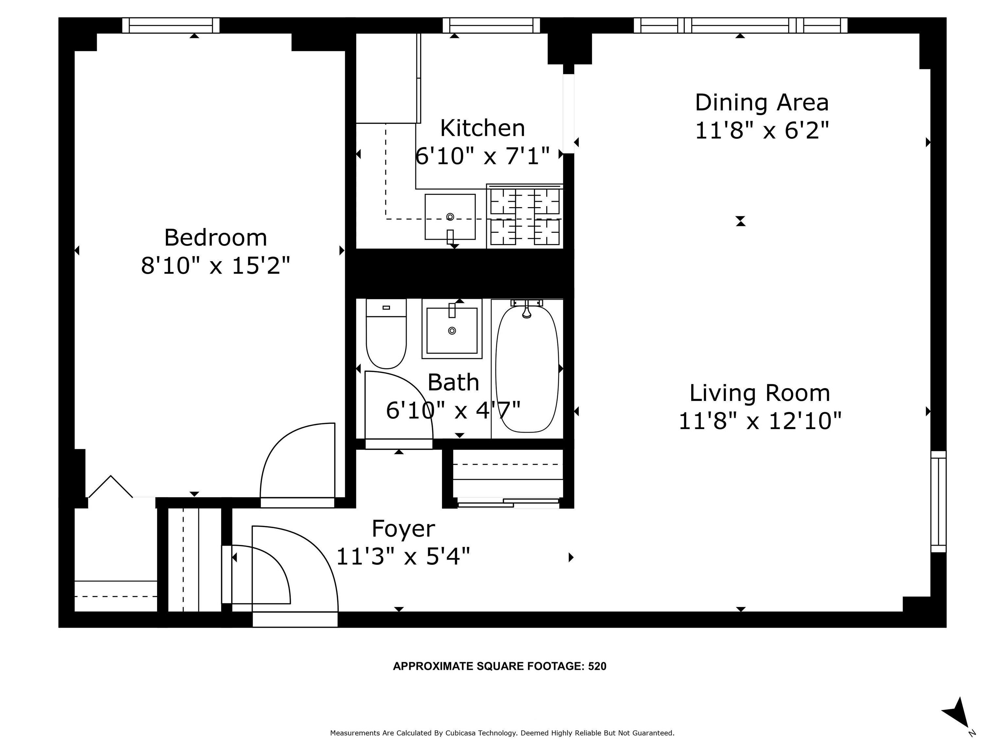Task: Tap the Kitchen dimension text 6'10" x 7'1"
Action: click(x=483, y=156)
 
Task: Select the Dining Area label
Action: click(x=762, y=103)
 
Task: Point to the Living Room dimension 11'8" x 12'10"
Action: click(x=760, y=421)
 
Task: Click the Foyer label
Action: click(x=403, y=529)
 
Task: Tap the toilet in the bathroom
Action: click(x=386, y=333)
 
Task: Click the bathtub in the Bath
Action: click(x=527, y=368)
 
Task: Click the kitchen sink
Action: click(x=450, y=217)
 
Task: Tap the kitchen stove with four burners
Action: click(x=525, y=216)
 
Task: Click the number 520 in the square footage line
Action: click(x=597, y=666)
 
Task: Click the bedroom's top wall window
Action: click(x=171, y=26)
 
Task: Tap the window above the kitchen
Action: click(x=491, y=26)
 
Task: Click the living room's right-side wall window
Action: click(x=938, y=501)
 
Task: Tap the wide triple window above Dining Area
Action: click(x=741, y=26)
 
